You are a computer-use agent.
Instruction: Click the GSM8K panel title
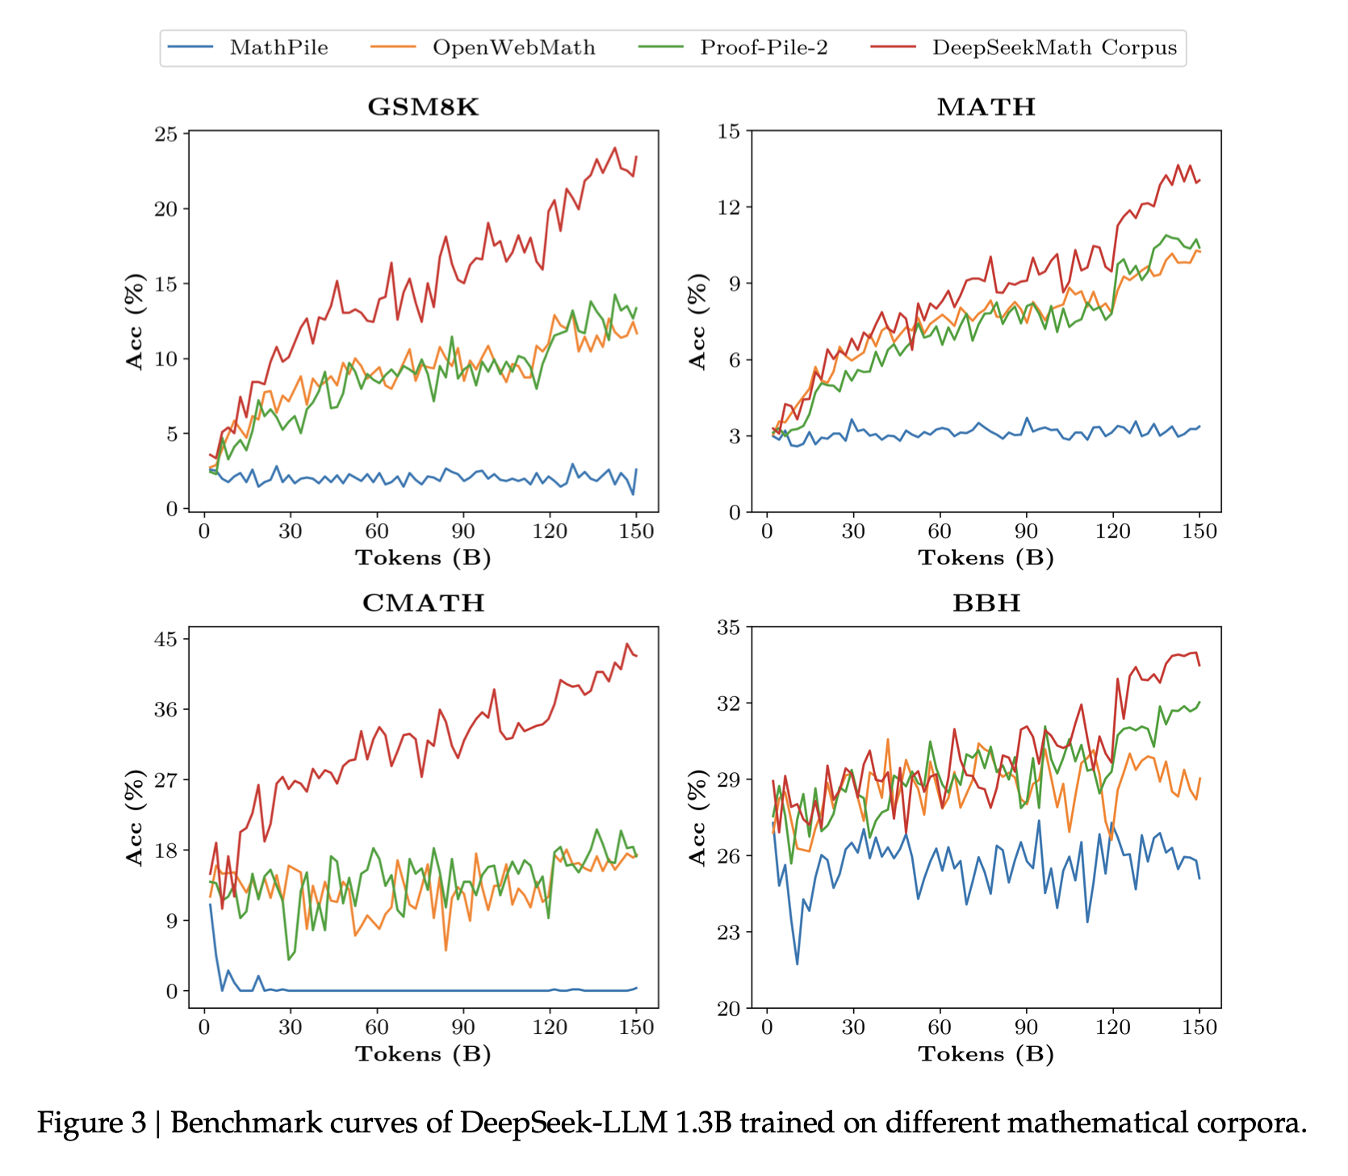tap(423, 107)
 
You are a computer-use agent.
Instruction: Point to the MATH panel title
tap(986, 107)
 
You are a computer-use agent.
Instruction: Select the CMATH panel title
tap(423, 603)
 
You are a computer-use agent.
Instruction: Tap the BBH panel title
tap(986, 603)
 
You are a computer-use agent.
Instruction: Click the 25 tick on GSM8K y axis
tap(166, 133)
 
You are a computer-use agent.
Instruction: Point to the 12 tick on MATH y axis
tap(730, 207)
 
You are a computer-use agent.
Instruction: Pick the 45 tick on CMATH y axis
tap(166, 639)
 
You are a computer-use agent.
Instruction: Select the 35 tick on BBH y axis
tap(730, 627)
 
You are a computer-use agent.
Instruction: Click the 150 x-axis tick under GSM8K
tap(636, 531)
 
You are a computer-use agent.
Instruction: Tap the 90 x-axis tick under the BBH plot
tap(1026, 1027)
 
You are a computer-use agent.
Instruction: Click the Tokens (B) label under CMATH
tap(423, 1054)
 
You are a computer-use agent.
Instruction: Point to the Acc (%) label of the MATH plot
tap(698, 321)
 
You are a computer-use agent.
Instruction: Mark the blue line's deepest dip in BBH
tap(797, 964)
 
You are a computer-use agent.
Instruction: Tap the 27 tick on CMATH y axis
tap(166, 779)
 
